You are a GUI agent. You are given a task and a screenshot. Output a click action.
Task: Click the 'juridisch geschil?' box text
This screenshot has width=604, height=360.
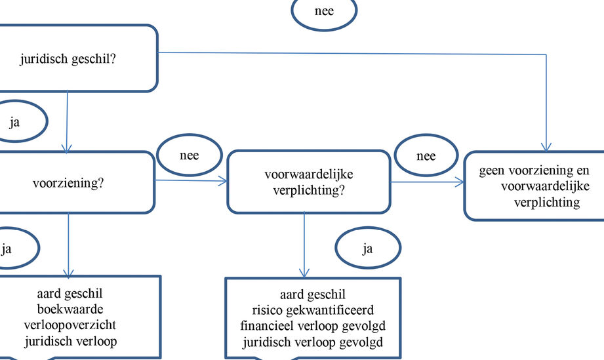[68, 59]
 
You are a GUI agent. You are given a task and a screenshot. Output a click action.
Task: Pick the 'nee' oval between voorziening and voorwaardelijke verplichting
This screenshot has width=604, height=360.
[190, 155]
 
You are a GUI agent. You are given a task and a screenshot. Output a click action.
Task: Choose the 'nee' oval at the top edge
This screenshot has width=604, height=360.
[324, 10]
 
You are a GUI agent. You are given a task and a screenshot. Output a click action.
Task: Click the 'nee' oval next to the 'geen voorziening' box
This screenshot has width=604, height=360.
[426, 155]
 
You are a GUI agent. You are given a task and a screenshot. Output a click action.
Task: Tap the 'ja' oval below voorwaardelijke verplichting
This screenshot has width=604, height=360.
[368, 248]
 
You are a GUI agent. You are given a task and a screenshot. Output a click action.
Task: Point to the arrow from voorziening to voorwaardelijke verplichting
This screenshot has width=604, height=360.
[191, 180]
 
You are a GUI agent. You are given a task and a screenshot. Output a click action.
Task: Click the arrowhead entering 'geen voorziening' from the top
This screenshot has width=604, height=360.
[546, 147]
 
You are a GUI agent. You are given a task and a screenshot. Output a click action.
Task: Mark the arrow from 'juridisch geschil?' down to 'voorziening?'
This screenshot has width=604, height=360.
[67, 122]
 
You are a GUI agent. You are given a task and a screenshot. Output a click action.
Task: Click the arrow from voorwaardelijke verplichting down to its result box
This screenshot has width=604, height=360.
[304, 245]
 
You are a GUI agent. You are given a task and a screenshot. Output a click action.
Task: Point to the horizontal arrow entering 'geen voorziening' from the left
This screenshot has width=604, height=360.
[428, 182]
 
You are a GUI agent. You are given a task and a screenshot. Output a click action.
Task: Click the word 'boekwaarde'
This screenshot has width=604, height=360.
[70, 309]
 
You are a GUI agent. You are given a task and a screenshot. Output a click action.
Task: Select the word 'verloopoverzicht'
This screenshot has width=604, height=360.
[70, 325]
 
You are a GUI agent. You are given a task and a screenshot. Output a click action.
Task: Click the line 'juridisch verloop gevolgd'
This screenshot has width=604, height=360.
[313, 342]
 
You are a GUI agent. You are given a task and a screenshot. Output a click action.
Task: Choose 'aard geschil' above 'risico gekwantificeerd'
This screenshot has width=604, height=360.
[313, 294]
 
